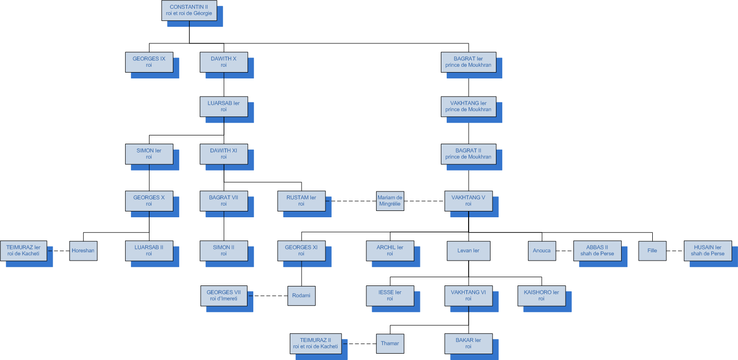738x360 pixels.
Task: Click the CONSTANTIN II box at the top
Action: pos(189,10)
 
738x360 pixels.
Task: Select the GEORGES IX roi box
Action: pos(149,62)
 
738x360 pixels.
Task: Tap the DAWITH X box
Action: pos(224,62)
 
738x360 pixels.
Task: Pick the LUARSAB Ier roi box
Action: pos(224,106)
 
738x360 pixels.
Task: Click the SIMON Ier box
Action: pos(149,153)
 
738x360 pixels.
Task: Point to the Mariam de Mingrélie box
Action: pos(390,201)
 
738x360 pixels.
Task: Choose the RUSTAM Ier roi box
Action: pos(302,201)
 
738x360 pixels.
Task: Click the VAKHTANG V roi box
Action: pos(468,201)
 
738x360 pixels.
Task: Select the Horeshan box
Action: pos(83,251)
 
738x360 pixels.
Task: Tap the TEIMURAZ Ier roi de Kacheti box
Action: pos(24,251)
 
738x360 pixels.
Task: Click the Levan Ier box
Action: pos(468,251)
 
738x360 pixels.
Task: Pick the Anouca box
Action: pos(542,251)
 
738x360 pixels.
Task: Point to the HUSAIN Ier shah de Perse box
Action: pos(707,251)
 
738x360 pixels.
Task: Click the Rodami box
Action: pos(301,296)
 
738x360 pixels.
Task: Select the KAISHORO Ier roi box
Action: pos(541,296)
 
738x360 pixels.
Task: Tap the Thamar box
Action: pos(390,343)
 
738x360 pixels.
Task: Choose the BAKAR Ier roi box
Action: pos(468,343)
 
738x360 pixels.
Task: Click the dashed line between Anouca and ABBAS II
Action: pos(564,251)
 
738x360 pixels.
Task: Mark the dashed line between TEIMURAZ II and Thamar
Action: pos(359,343)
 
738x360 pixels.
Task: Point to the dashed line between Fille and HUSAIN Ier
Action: pos(675,251)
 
